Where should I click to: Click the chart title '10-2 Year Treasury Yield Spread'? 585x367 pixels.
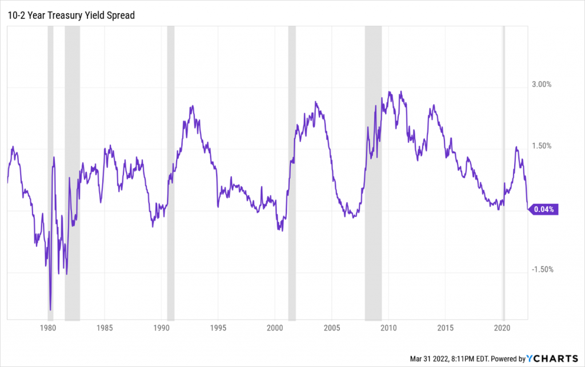click(71, 15)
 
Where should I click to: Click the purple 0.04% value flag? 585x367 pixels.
click(543, 209)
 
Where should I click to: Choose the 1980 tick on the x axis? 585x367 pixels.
click(48, 328)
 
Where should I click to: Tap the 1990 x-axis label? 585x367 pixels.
click(162, 328)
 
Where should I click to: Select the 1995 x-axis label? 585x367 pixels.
click(218, 328)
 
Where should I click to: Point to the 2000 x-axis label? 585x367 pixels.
click(275, 328)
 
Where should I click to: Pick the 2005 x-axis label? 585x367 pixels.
click(332, 328)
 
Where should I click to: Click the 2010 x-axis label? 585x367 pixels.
click(388, 328)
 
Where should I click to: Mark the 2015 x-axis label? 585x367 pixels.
click(445, 328)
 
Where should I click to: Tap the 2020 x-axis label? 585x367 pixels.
click(502, 328)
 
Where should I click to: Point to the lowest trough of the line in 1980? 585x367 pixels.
click(50, 309)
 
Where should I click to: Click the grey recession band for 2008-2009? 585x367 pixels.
click(373, 171)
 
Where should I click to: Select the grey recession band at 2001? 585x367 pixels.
click(292, 171)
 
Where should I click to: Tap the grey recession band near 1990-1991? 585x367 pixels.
click(170, 171)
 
